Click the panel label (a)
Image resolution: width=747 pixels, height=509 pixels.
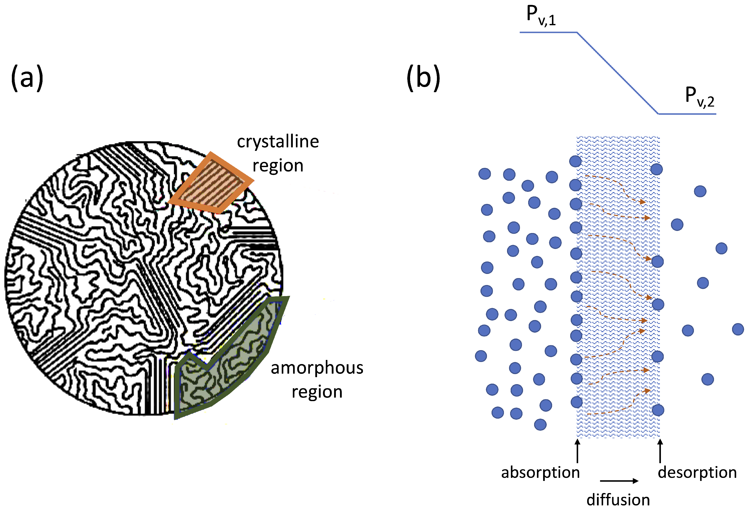pyautogui.click(x=27, y=78)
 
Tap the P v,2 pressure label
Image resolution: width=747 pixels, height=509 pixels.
pyautogui.click(x=699, y=97)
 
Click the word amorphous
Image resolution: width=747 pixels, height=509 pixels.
pyautogui.click(x=317, y=368)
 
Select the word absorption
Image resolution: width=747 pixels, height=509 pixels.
pyautogui.click(x=540, y=472)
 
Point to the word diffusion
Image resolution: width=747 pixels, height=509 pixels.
pyautogui.click(x=618, y=500)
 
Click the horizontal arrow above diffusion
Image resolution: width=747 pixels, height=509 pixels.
pyautogui.click(x=619, y=481)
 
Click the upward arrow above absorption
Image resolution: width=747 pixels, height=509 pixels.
pyautogui.click(x=578, y=451)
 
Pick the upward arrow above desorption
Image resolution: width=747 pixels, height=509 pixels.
pyautogui.click(x=660, y=451)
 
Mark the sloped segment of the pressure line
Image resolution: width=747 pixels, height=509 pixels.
pyautogui.click(x=617, y=73)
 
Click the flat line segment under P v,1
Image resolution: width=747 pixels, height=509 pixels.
pyautogui.click(x=548, y=32)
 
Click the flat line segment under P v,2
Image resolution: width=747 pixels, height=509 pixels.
pyautogui.click(x=687, y=114)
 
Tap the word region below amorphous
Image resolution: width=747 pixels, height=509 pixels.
pyautogui.click(x=317, y=392)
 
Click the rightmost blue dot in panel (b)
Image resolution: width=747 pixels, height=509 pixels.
pyautogui.click(x=738, y=329)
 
